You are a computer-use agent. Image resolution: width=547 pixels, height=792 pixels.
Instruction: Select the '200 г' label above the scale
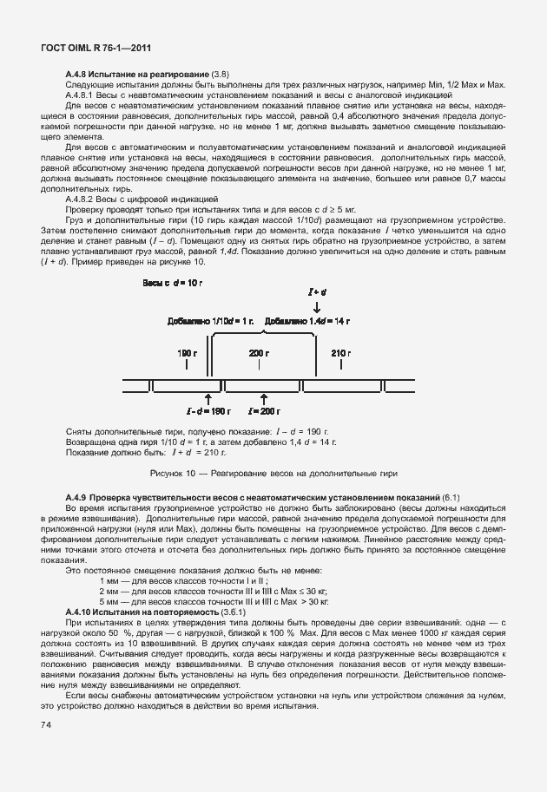point(258,354)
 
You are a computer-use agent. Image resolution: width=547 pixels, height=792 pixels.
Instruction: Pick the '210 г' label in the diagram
point(339,354)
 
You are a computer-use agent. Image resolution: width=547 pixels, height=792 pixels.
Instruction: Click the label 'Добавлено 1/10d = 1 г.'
point(209,321)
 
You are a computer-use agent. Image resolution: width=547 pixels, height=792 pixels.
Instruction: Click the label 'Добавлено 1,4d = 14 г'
point(308,321)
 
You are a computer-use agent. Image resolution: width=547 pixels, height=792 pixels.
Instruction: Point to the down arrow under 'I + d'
point(317,308)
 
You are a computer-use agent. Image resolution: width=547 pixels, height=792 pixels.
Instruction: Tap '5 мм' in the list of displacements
point(109,600)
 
